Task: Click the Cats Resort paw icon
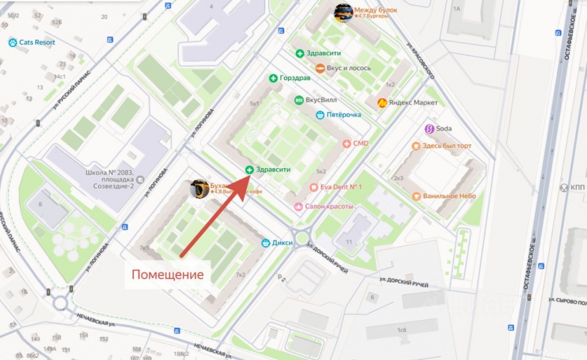tap(12, 43)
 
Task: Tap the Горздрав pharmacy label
tap(295, 78)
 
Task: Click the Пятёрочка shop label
tap(344, 114)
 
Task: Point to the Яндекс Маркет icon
tap(383, 103)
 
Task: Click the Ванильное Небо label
tap(449, 196)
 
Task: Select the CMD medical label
tap(360, 143)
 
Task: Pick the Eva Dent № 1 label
tap(340, 187)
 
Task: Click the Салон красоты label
tap(329, 206)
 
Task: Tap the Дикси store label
tap(282, 243)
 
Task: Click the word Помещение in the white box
tap(168, 274)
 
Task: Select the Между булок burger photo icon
tap(344, 12)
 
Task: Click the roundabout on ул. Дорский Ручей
tap(302, 237)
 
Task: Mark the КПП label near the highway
tap(576, 187)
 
